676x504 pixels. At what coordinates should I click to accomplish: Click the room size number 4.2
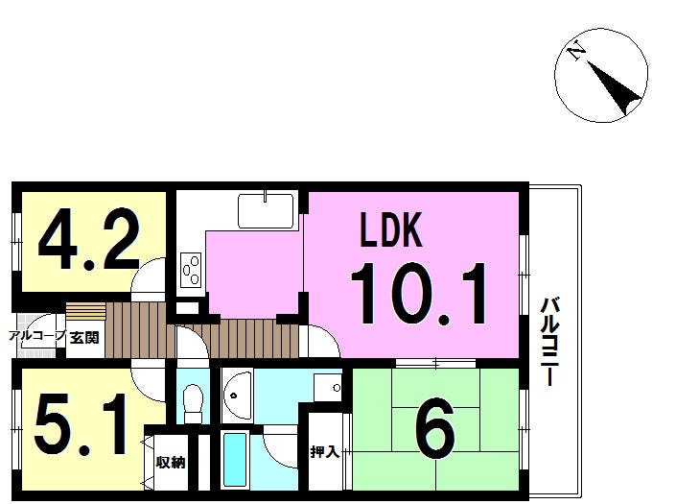89,239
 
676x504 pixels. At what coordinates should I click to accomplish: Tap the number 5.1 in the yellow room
82,424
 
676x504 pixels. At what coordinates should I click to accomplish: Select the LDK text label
390,230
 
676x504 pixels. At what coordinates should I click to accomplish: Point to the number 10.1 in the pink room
419,294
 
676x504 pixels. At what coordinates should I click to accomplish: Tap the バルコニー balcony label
550,341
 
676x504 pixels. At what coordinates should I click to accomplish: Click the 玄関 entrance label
84,337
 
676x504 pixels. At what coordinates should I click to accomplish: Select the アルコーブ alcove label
38,336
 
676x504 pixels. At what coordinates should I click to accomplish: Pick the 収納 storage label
171,462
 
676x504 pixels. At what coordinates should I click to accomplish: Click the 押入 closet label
325,452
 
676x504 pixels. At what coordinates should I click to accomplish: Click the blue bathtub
235,460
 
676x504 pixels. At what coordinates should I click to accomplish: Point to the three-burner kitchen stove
191,270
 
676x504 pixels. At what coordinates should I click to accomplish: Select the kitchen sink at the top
266,210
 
